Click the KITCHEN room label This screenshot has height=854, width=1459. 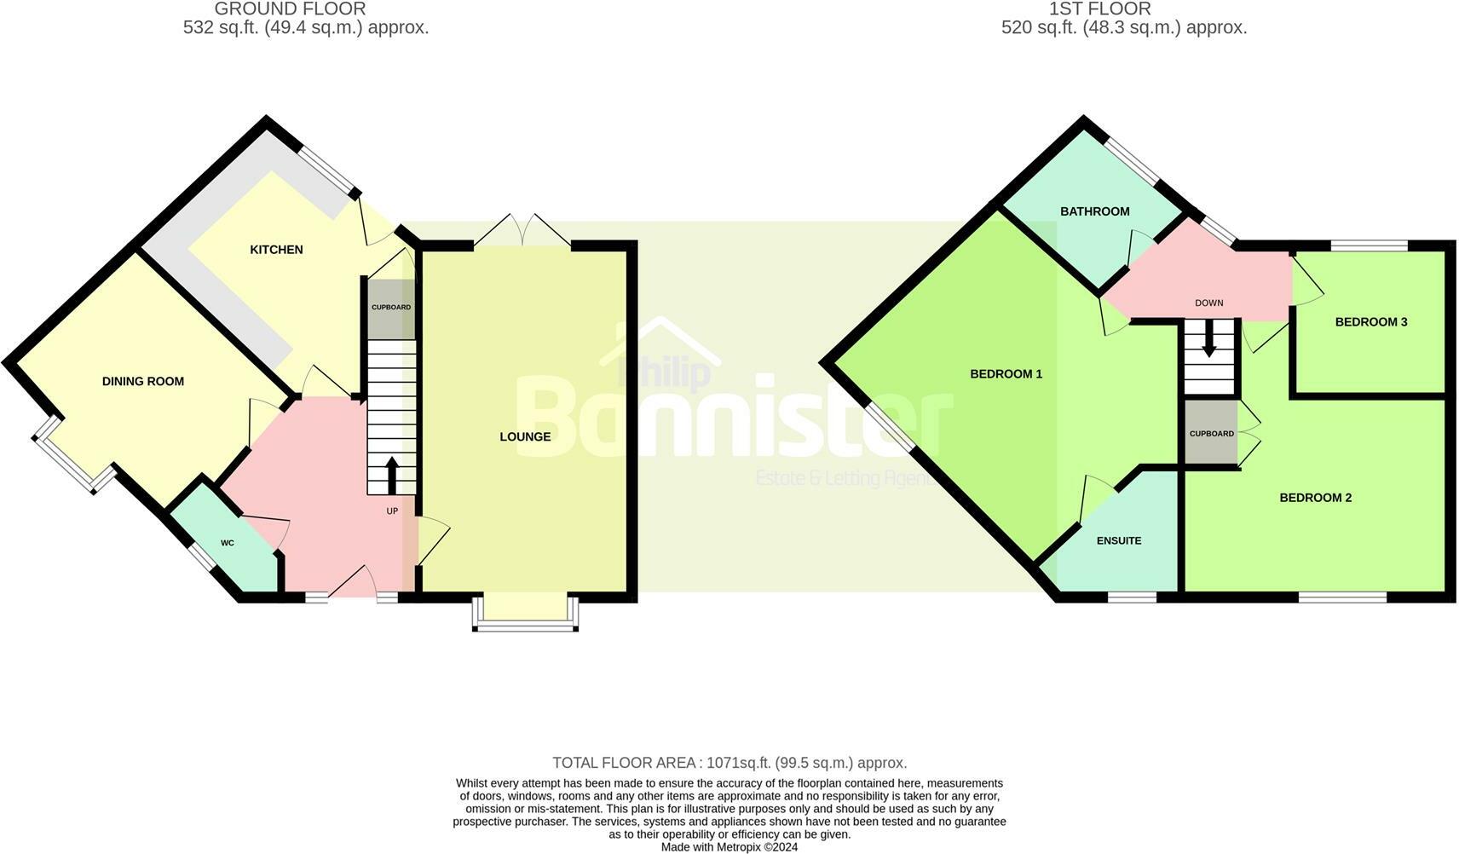(x=276, y=250)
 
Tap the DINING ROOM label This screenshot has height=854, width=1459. (x=143, y=382)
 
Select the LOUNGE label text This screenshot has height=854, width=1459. (x=525, y=437)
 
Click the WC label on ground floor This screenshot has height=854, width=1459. (x=228, y=543)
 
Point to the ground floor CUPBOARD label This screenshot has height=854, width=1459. (x=391, y=307)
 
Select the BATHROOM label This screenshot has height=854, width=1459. (x=1094, y=211)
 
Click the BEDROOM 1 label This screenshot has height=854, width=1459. (x=1006, y=374)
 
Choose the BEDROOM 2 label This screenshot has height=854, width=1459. (x=1315, y=498)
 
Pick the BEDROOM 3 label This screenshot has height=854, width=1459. (x=1370, y=322)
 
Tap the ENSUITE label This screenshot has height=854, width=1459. (x=1118, y=540)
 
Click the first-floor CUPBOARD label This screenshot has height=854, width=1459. (x=1211, y=434)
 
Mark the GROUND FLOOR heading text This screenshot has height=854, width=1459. (x=290, y=9)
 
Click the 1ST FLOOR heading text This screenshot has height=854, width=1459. (x=1099, y=9)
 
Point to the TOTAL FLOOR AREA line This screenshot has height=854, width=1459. (x=729, y=763)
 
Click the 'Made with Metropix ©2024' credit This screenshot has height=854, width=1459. (x=729, y=847)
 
